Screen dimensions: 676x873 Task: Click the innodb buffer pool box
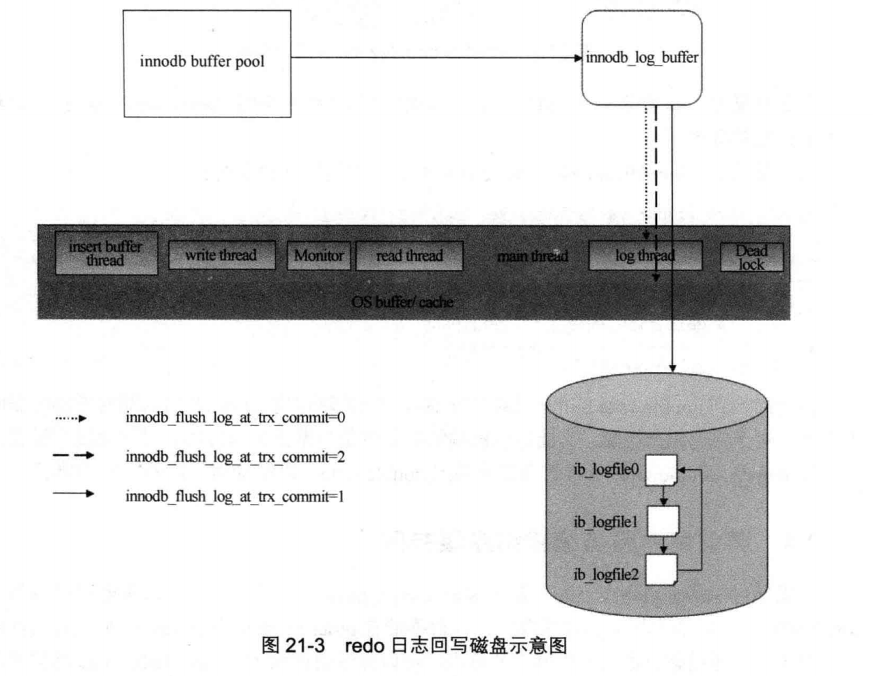click(207, 63)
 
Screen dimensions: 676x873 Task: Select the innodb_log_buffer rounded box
click(641, 58)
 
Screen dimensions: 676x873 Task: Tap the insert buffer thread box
click(106, 253)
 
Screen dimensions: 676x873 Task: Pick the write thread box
click(221, 255)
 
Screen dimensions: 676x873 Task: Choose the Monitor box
click(318, 255)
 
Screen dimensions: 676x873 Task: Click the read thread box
click(409, 255)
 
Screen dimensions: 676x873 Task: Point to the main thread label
click(532, 256)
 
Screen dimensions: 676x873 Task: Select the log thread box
click(645, 255)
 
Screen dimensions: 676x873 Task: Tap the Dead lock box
click(751, 257)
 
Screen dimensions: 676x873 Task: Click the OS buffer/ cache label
click(402, 302)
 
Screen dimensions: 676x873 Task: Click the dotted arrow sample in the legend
click(71, 418)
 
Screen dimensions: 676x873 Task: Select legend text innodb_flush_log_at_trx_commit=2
click(235, 457)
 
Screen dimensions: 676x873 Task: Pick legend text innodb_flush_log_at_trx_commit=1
click(235, 496)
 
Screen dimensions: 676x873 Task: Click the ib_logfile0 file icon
click(661, 470)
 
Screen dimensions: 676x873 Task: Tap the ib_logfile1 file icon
click(663, 521)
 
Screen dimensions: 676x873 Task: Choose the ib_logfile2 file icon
click(661, 569)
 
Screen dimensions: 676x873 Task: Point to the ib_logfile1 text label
click(605, 522)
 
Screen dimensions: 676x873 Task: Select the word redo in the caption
click(365, 645)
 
